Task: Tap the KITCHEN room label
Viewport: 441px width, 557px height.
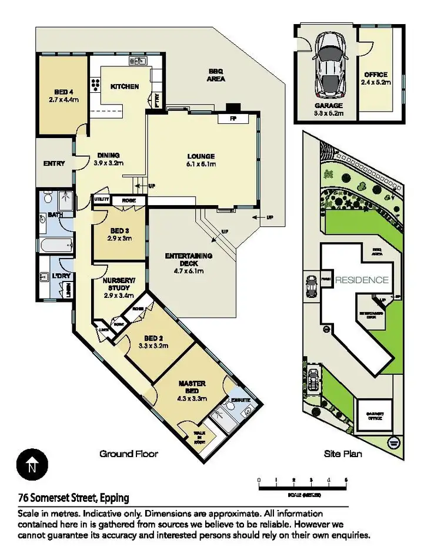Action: (125, 86)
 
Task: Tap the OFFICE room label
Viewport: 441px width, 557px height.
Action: (376, 75)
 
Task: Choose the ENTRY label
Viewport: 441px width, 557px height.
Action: (54, 163)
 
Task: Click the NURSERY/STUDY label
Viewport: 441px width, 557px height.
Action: (119, 284)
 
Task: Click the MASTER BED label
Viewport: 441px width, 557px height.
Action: (192, 387)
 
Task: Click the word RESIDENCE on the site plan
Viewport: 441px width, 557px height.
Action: (362, 280)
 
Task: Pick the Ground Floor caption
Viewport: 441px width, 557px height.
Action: (128, 454)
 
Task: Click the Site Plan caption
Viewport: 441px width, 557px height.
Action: (343, 454)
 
